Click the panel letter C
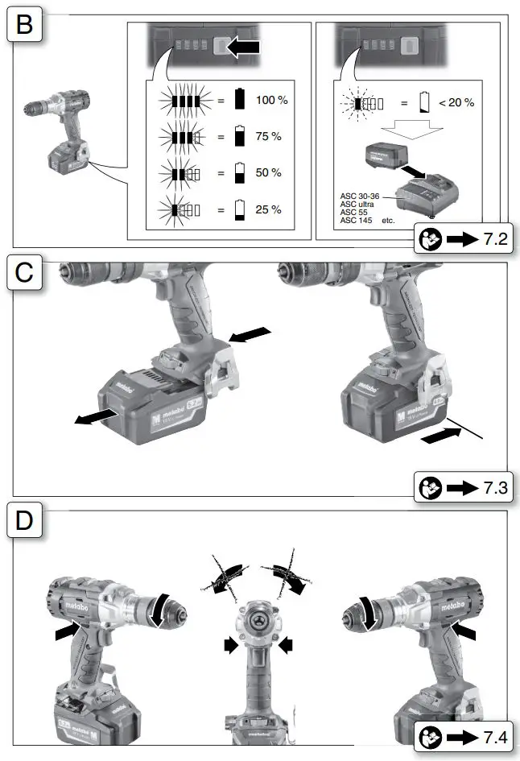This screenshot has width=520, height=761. [24, 275]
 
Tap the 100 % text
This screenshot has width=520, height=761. [271, 101]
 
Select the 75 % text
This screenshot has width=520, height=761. [268, 137]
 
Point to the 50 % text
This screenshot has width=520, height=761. [268, 173]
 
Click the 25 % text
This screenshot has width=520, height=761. [268, 209]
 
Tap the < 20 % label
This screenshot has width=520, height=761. [456, 102]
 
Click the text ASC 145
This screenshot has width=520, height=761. [355, 220]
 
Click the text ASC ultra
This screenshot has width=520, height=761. [357, 204]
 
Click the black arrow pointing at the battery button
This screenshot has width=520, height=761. [243, 48]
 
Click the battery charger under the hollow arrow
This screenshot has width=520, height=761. [427, 194]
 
